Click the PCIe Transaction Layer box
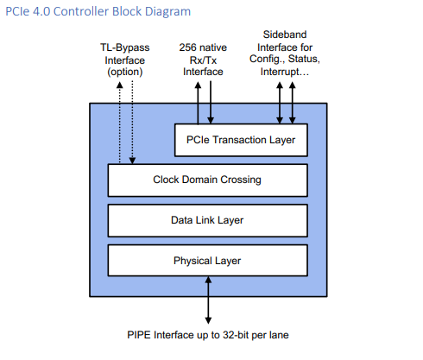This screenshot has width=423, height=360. pos(241,140)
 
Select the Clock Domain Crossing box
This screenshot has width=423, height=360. pos(207,180)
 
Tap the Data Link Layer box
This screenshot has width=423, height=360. pos(207,220)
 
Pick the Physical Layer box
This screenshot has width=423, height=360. pos(207,261)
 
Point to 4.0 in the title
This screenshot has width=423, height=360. pos(41,11)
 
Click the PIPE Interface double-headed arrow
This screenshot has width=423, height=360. pos(208,300)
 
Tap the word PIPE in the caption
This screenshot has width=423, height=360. pos(139,335)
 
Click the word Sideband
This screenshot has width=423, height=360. pos(285,35)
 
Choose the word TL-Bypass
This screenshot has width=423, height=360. pos(125,47)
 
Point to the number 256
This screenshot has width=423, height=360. pos(187,47)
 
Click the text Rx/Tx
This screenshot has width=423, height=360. pos(203,60)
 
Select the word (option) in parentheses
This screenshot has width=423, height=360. pos(125,72)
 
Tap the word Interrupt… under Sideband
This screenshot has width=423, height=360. pos(285,72)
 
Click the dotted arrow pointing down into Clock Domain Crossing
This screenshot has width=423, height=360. pos(132,123)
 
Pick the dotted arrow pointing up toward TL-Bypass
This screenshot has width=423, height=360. pos(120,123)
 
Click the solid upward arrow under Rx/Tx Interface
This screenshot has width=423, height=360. pos(198,103)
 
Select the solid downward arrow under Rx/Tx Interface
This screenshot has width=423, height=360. pos(211,103)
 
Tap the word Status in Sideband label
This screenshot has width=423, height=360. pos(304,59)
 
